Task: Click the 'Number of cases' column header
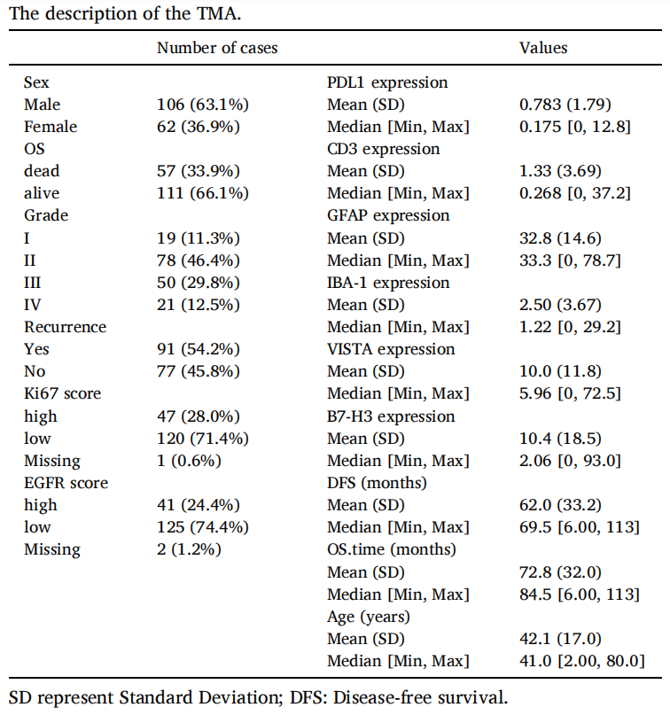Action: pyautogui.click(x=216, y=48)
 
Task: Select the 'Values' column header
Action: pyautogui.click(x=543, y=48)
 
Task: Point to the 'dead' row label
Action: pyautogui.click(x=42, y=171)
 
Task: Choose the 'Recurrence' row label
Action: pyautogui.click(x=65, y=327)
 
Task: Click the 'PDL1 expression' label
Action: pyautogui.click(x=387, y=82)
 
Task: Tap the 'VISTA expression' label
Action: pyautogui.click(x=391, y=349)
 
